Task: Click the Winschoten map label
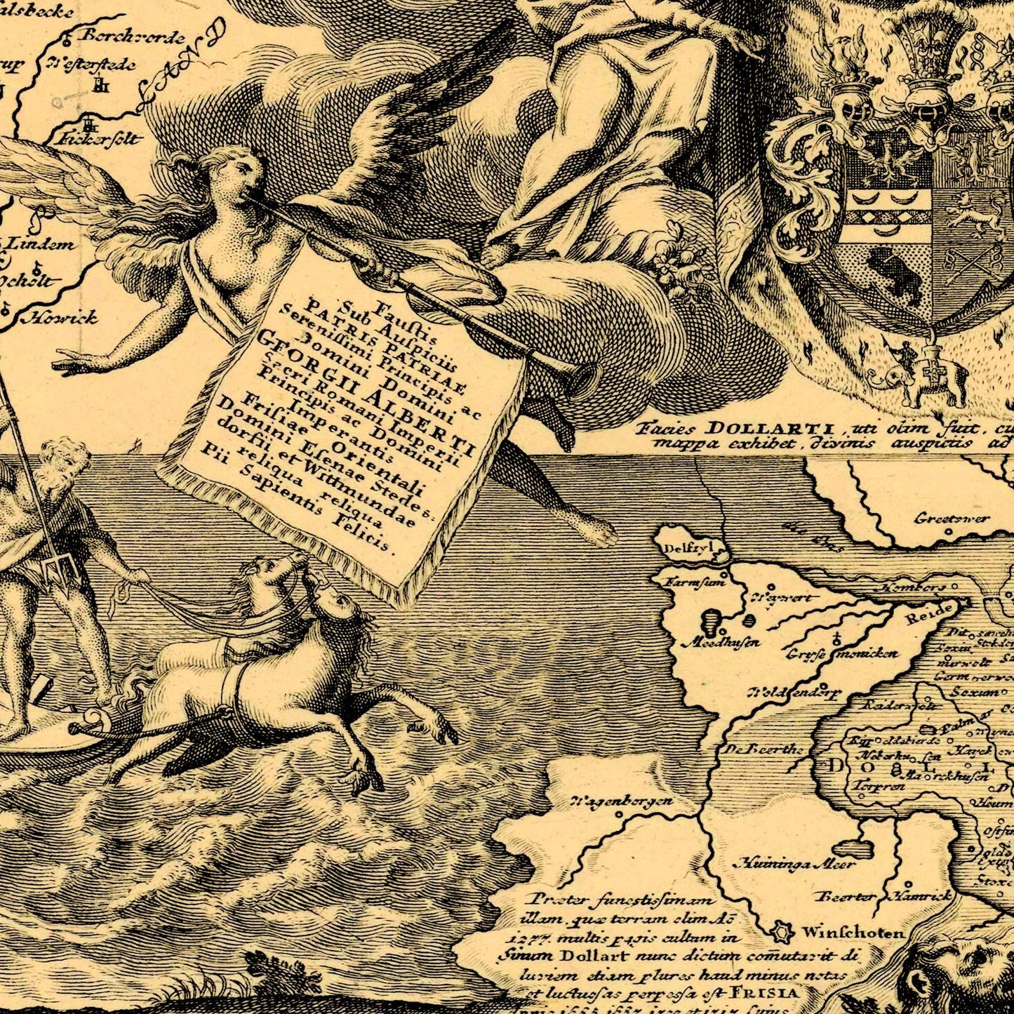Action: [x=853, y=933]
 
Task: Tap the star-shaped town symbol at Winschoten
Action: [x=780, y=933]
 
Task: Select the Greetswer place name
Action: [x=952, y=519]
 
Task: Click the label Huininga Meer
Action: [x=794, y=864]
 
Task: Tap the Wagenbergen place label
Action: [x=622, y=801]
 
